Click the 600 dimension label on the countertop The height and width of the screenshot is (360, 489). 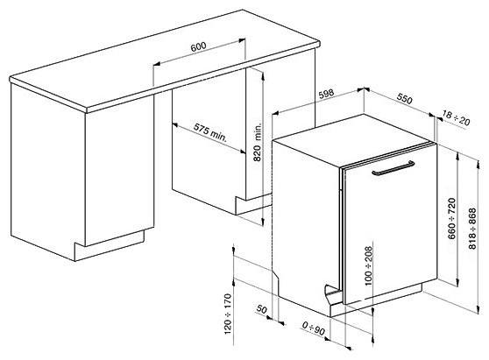pyautogui.click(x=198, y=46)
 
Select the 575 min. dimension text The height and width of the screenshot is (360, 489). pyautogui.click(x=210, y=133)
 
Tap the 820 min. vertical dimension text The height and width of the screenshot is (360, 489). pyautogui.click(x=258, y=142)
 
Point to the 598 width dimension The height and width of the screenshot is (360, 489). pyautogui.click(x=326, y=94)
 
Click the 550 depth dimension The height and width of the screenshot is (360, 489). pyautogui.click(x=405, y=98)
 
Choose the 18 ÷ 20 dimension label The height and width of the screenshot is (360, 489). pyautogui.click(x=456, y=118)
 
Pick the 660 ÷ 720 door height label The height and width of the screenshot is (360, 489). pyautogui.click(x=452, y=218)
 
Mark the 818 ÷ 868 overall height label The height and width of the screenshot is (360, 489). pyautogui.click(x=472, y=229)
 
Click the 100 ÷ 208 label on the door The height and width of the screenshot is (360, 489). pyautogui.click(x=368, y=266)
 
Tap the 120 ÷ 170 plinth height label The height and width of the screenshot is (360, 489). pyautogui.click(x=228, y=314)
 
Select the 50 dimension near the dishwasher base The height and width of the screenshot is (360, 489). pyautogui.click(x=262, y=309)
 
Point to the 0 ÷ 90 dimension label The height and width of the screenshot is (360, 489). pyautogui.click(x=313, y=328)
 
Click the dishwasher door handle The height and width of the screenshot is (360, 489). pyautogui.click(x=393, y=168)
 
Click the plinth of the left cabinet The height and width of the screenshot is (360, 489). pyautogui.click(x=110, y=245)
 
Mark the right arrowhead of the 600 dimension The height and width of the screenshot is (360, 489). pyautogui.click(x=242, y=40)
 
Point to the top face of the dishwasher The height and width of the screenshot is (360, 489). pyautogui.click(x=354, y=135)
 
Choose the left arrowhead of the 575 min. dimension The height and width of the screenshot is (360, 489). pyautogui.click(x=175, y=124)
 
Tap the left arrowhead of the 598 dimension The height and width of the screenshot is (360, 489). pyautogui.click(x=276, y=113)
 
